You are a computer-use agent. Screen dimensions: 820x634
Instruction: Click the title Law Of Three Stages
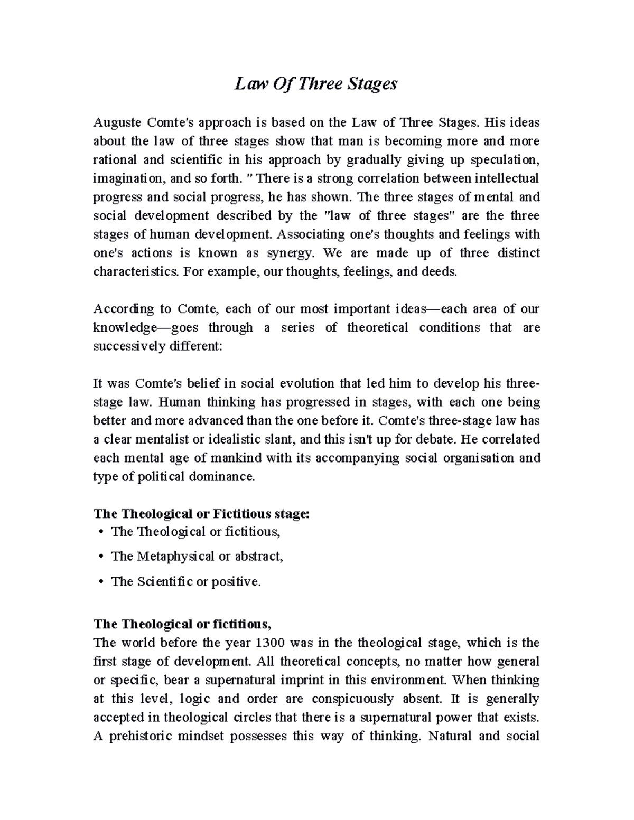tap(316, 83)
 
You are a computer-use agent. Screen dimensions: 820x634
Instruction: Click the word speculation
tap(505, 160)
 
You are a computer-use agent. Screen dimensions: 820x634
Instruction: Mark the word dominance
tap(223, 476)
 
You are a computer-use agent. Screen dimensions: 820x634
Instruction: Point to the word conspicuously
tap(352, 699)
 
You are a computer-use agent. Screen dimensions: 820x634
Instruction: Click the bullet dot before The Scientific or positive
tap(100, 582)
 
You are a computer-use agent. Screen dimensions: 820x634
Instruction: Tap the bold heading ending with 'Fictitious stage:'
tap(201, 514)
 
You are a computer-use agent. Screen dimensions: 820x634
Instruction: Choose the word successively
tap(129, 346)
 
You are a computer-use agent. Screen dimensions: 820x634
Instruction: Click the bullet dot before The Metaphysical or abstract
tap(100, 557)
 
